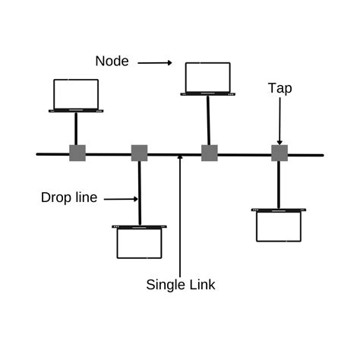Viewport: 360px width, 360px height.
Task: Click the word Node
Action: click(112, 60)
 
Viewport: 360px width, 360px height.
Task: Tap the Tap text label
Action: click(279, 88)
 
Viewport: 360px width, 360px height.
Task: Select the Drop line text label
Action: click(69, 198)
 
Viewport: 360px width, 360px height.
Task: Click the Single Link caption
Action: click(181, 285)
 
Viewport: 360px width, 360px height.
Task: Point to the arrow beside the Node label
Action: click(155, 62)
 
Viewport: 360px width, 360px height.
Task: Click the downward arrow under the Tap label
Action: click(279, 122)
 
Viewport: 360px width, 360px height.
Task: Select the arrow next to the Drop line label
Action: click(120, 199)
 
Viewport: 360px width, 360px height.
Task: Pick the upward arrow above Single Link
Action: click(180, 213)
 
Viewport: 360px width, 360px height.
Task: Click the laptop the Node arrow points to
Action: click(208, 79)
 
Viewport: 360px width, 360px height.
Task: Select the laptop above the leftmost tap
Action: click(76, 96)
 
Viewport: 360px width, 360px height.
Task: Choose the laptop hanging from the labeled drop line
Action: click(139, 242)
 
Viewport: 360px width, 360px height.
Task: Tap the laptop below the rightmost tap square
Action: click(279, 225)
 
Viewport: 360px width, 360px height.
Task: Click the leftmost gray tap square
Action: click(77, 153)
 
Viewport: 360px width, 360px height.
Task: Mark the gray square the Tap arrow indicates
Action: click(279, 153)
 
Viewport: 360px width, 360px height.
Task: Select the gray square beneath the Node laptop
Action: click(210, 153)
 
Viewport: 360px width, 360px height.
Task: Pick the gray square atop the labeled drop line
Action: click(139, 153)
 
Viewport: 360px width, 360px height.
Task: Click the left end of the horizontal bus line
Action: click(39, 154)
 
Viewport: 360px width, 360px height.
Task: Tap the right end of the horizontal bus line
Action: click(321, 155)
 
